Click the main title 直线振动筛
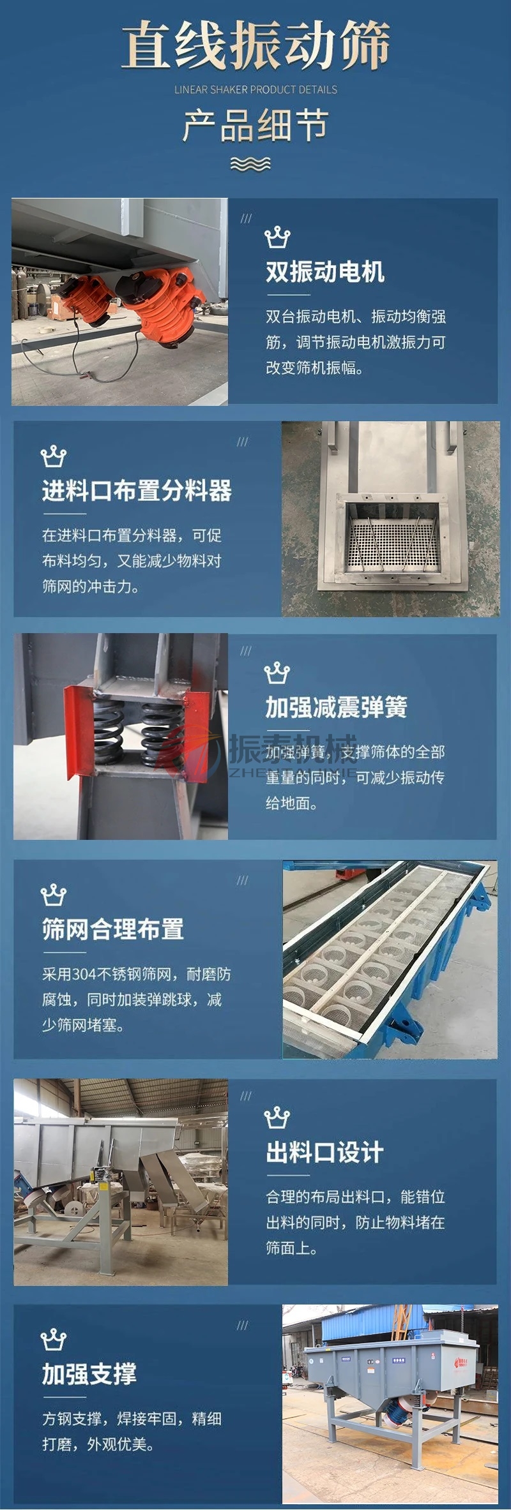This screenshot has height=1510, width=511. (x=256, y=45)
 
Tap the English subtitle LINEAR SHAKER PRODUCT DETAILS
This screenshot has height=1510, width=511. (x=256, y=90)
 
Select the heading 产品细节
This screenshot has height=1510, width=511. (x=256, y=125)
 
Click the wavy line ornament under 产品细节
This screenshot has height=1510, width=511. (x=250, y=164)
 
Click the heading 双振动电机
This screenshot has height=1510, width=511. (x=325, y=273)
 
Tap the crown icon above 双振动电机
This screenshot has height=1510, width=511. (x=277, y=237)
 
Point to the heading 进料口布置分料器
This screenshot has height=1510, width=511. (x=137, y=491)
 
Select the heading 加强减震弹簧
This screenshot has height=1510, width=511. (x=336, y=707)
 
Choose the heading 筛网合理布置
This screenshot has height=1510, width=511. (x=113, y=929)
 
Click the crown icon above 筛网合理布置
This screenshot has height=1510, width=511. (x=53, y=895)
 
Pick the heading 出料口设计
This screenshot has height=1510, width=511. (x=324, y=1152)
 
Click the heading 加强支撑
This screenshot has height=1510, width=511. (x=89, y=1374)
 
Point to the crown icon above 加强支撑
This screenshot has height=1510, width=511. (x=53, y=1340)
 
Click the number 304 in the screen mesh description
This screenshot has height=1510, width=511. (x=84, y=975)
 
